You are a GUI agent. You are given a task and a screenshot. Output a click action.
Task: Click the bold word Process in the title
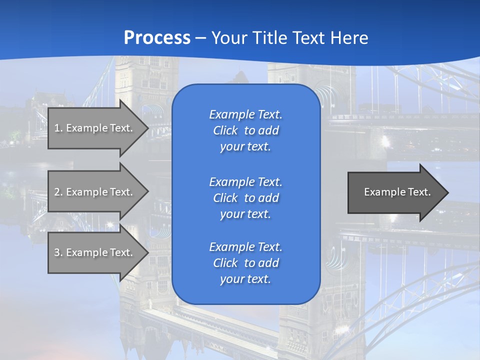point(157,37)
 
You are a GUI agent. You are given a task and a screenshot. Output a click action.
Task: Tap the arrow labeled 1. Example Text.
point(95,128)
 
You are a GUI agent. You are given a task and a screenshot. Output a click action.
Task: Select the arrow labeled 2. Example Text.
point(95,192)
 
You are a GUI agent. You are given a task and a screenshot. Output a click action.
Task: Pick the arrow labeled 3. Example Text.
point(95,252)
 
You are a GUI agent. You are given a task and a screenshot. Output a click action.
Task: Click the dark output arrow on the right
point(395,192)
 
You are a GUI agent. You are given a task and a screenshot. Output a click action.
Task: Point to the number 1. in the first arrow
point(58,128)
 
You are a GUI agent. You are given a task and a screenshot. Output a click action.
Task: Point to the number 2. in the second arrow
point(58,192)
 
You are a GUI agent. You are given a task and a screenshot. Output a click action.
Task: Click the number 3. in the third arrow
point(58,252)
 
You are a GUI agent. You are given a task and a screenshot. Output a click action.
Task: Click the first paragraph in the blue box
point(245,130)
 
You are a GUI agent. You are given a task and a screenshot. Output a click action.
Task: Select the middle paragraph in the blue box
point(245,198)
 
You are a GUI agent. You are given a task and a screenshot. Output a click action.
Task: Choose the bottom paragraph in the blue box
point(245,263)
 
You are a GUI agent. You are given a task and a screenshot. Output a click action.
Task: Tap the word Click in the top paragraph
point(225,130)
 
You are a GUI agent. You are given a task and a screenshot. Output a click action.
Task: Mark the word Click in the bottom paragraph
point(225,263)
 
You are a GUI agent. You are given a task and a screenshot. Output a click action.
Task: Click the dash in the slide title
point(201,38)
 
